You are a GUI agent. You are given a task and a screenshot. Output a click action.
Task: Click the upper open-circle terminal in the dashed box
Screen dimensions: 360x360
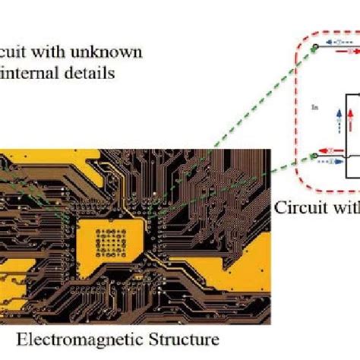click(314, 49)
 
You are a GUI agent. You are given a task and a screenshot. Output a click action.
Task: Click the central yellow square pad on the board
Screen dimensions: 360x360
click(122, 229)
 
